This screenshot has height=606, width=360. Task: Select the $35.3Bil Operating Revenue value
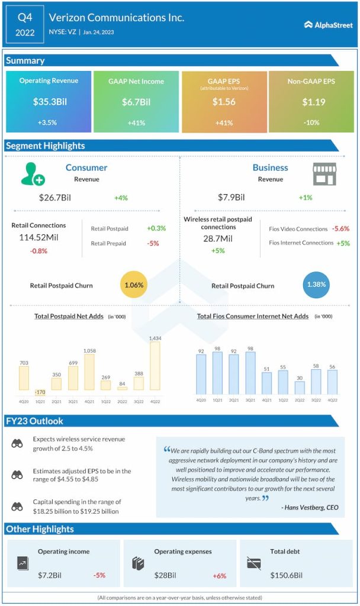point(50,102)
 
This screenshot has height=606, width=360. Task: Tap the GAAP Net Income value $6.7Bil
point(136,102)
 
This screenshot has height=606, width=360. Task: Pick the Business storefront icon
point(324,174)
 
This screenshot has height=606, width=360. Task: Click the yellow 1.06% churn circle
point(134,285)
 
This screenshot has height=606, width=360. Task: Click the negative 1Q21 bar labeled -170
point(40,392)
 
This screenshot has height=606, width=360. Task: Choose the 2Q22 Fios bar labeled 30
point(300,388)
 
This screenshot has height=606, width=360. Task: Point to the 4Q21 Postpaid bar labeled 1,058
point(89,372)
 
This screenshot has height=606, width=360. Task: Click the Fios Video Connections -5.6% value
point(340,228)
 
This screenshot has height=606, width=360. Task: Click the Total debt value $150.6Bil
point(287,575)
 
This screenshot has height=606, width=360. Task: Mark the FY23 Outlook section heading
point(34,421)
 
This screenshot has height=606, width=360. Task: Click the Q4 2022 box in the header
point(25,25)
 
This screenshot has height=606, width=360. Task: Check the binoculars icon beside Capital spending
point(17,507)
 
